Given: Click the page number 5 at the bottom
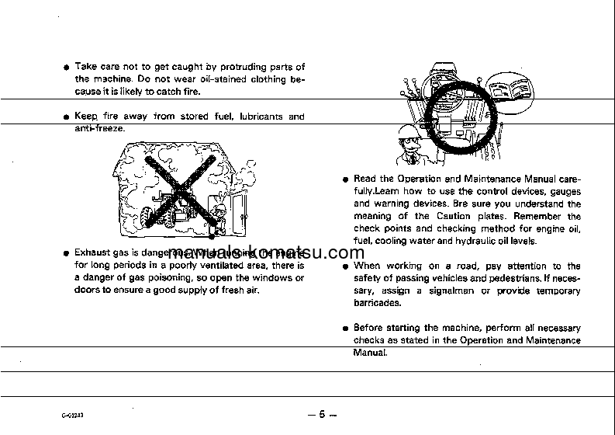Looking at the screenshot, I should click(321, 414).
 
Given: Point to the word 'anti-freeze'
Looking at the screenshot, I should click(94, 129).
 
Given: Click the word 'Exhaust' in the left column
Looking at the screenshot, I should click(94, 253).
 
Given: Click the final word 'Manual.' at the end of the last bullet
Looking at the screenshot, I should click(369, 353).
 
